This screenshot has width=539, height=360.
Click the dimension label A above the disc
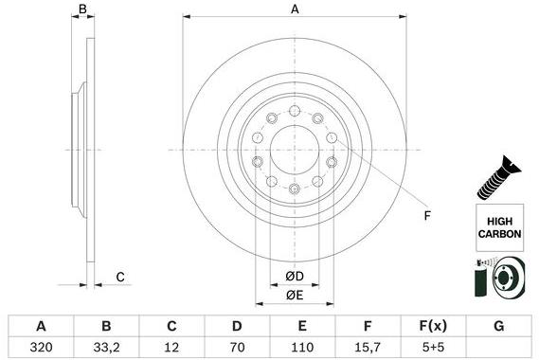pos(295,9)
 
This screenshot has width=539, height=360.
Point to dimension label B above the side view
pos(82,9)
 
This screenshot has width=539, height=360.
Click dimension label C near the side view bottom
pos(120,276)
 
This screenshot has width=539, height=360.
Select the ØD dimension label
pos(295,277)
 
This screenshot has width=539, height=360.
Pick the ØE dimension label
pos(295,296)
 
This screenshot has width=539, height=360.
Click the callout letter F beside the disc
pos(426,217)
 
